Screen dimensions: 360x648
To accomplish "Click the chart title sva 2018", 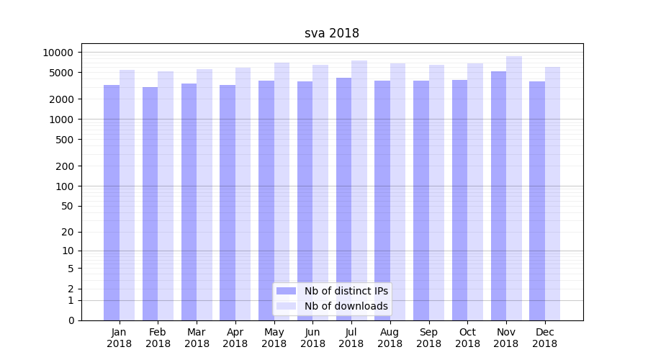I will (x=332, y=33).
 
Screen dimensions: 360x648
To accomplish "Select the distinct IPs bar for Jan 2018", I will (x=112, y=202).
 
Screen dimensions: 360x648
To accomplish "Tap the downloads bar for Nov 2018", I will (x=514, y=188).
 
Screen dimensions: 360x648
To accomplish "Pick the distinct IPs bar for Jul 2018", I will (x=344, y=199).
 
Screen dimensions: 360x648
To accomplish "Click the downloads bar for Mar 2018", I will (x=204, y=194).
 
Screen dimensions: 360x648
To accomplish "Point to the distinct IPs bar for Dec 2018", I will (x=537, y=201).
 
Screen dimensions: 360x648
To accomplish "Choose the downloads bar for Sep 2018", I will (x=437, y=192).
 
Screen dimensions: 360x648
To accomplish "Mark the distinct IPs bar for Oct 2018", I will (x=460, y=200).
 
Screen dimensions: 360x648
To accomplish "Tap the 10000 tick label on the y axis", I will (x=58, y=53).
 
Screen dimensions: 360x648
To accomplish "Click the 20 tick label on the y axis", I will (x=67, y=232).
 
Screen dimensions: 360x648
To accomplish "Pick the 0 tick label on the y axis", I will (x=71, y=320).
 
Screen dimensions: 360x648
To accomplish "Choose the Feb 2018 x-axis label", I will (x=158, y=338).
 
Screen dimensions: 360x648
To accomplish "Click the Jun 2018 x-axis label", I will (x=312, y=338).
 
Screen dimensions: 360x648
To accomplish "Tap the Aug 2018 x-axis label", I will (x=390, y=338).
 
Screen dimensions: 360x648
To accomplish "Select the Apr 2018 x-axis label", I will (x=235, y=338).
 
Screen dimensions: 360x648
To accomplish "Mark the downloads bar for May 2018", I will (x=282, y=192).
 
